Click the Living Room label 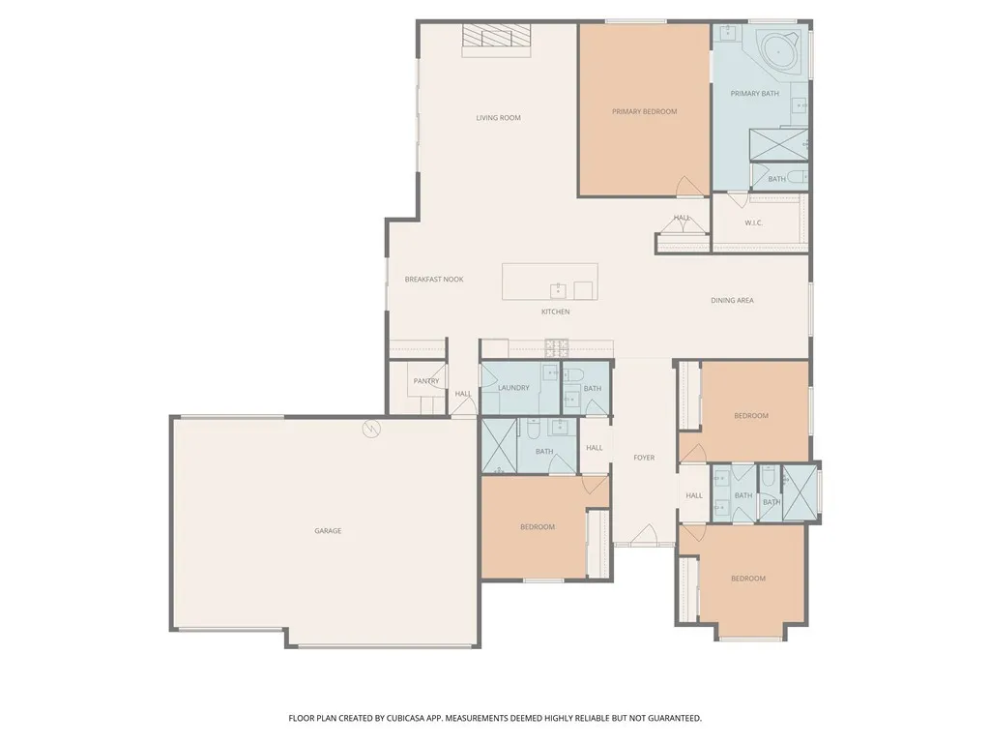[x=498, y=118]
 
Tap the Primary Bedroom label [x=644, y=111]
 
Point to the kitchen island [x=549, y=282]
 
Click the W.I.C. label [x=754, y=223]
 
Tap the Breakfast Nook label [x=434, y=280]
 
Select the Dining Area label [x=732, y=301]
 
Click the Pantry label [x=426, y=381]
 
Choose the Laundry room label [x=513, y=388]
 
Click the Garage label [x=328, y=531]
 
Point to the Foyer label [x=644, y=458]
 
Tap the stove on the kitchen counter [x=556, y=344]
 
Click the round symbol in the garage [x=370, y=429]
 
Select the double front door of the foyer [x=636, y=535]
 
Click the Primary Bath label [x=754, y=94]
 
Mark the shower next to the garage [x=499, y=445]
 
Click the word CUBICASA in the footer [x=403, y=719]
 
